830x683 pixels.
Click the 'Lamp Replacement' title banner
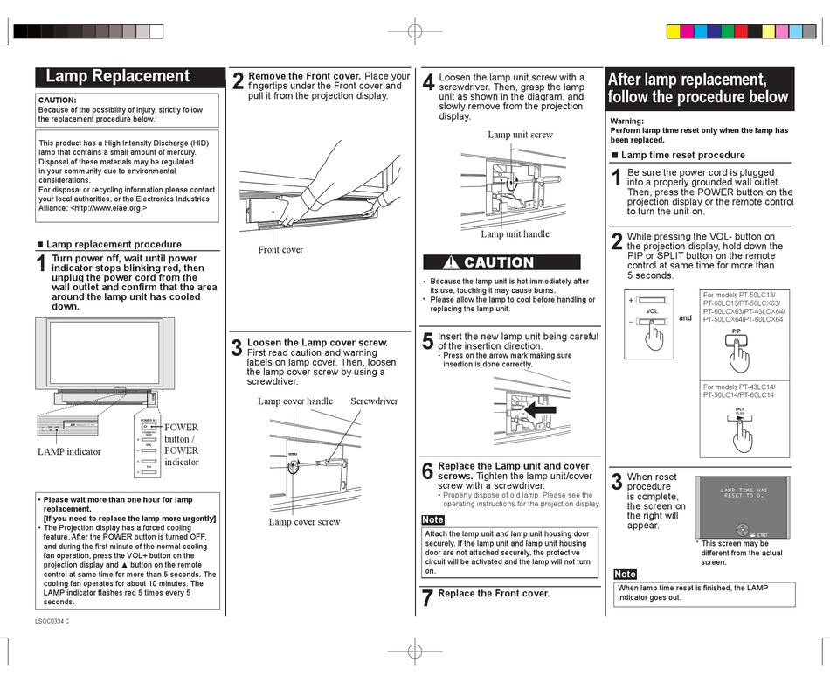click(117, 77)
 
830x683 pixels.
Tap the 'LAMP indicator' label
click(69, 452)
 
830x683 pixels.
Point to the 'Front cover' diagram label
click(280, 250)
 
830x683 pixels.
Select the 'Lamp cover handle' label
click(295, 401)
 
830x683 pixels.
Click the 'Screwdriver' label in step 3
click(374, 401)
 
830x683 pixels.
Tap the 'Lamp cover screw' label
click(304, 522)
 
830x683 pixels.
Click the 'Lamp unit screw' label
click(520, 135)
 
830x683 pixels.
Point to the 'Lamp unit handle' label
click(515, 234)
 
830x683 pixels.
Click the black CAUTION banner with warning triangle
click(501, 262)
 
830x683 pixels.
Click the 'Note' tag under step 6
click(432, 520)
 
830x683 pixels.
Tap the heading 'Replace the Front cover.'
click(494, 594)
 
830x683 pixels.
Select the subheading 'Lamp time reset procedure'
click(682, 155)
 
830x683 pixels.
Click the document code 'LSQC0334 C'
click(52, 622)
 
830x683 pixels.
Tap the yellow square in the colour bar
click(674, 31)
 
